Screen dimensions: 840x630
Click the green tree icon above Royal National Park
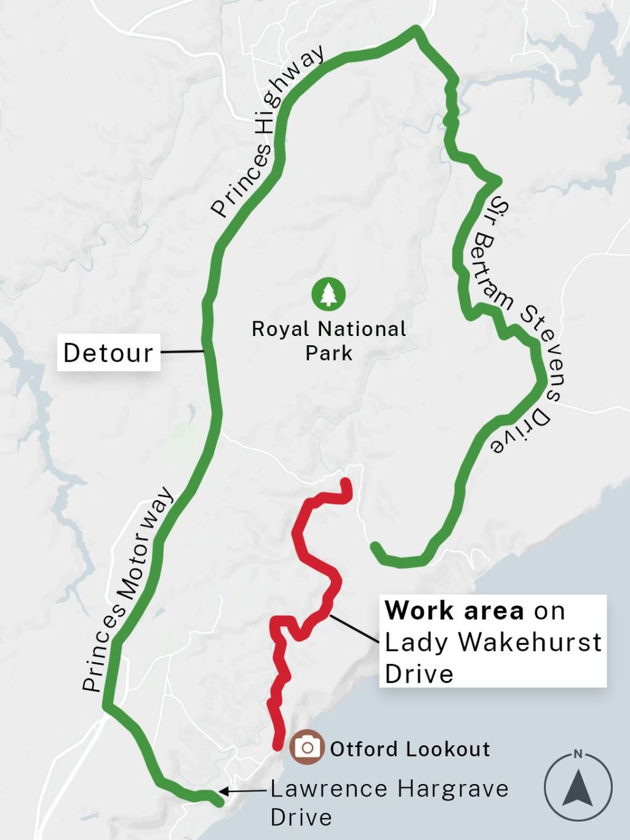pos(329,294)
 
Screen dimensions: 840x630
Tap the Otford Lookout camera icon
pos(307,748)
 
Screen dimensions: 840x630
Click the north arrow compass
pos(578,787)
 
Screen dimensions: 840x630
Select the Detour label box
pos(109,353)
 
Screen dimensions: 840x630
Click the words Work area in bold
pos(455,611)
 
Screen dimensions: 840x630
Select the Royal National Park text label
pos(329,341)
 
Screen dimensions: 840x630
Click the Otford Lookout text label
pos(410,749)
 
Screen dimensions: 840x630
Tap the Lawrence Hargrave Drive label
pos(389,802)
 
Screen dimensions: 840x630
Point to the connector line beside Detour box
pos(182,351)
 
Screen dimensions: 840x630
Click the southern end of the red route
pos(277,745)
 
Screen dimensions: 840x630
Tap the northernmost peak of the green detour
pos(417,29)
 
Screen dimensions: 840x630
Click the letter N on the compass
pos(578,754)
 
